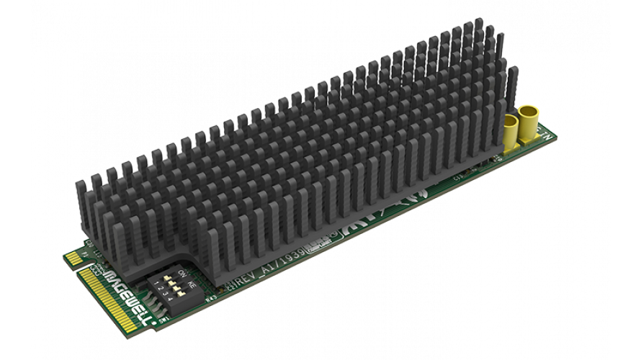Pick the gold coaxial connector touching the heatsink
click(512, 130)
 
